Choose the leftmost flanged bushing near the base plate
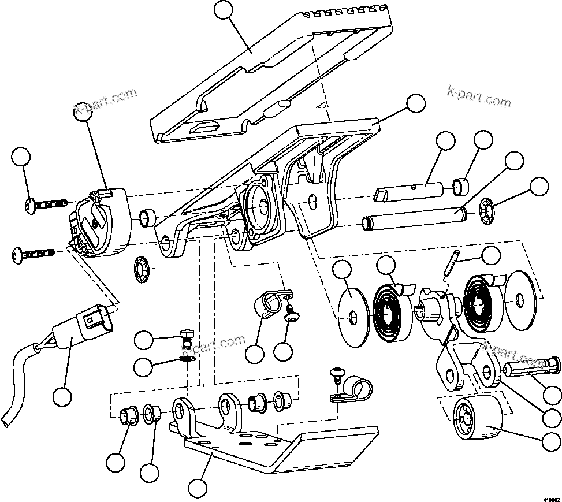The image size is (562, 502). (x=128, y=415)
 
